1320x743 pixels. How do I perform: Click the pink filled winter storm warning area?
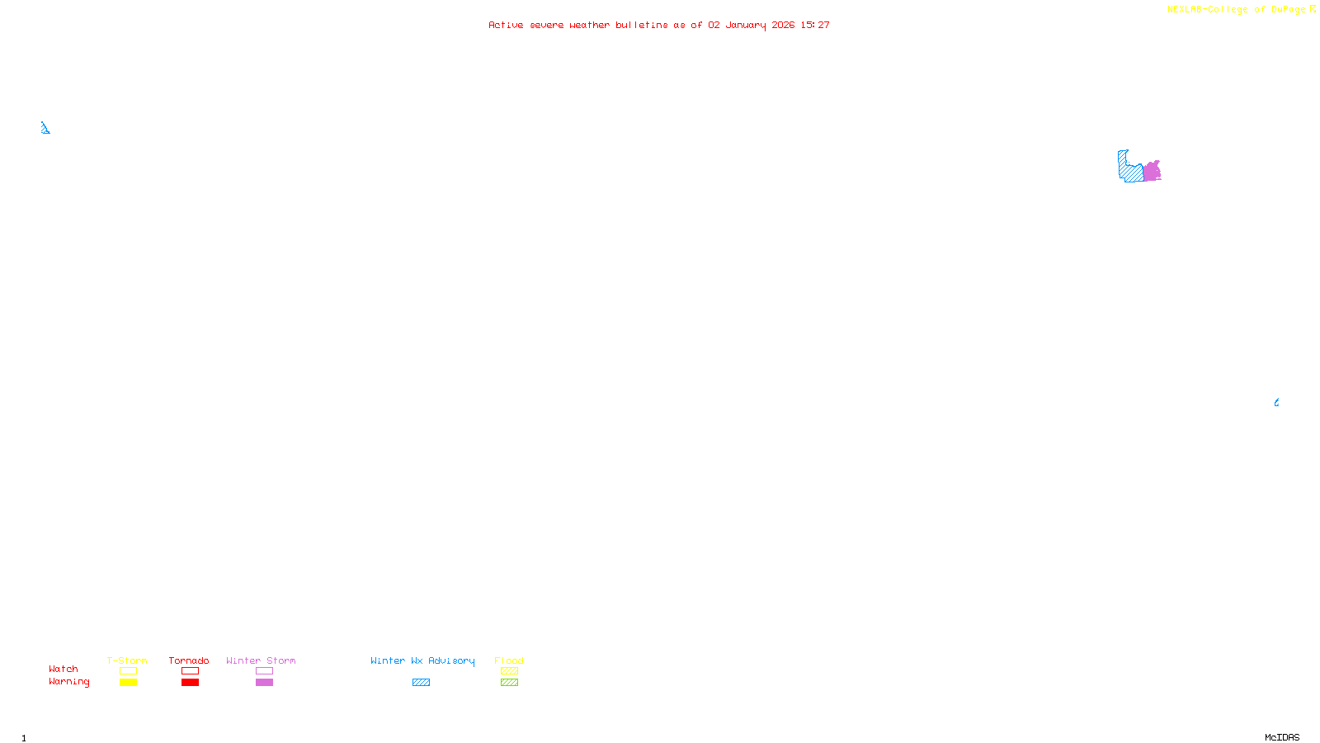(1152, 172)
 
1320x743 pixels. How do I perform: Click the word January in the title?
(745, 26)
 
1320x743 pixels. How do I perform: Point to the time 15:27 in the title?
(815, 26)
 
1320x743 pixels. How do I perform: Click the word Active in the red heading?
(505, 26)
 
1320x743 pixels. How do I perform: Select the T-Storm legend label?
(127, 660)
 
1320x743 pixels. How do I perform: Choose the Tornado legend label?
(189, 660)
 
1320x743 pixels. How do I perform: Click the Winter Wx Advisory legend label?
(422, 660)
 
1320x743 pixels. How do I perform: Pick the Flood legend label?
(509, 660)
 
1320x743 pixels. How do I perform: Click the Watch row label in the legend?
(64, 670)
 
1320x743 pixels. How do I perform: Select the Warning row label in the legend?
(69, 682)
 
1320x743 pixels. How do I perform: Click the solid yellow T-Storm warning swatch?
(128, 683)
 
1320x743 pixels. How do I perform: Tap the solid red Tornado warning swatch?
(190, 683)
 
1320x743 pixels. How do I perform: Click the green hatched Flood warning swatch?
(509, 683)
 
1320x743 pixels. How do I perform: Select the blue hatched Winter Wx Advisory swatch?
(421, 683)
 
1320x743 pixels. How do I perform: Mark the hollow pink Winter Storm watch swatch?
(264, 671)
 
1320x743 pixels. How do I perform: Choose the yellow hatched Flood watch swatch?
(509, 671)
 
